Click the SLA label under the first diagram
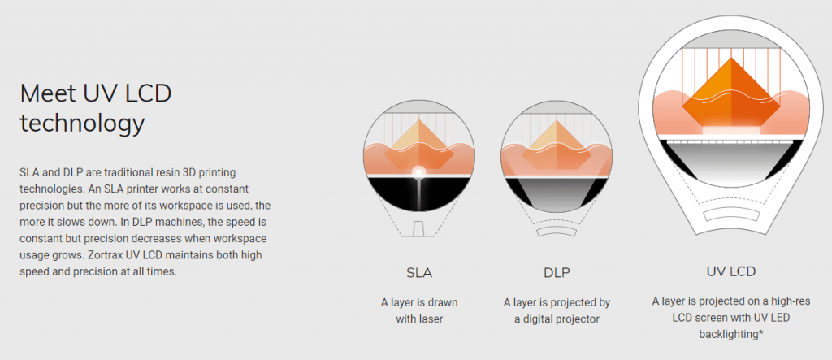click(419, 273)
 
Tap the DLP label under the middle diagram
click(557, 273)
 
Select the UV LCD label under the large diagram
click(730, 272)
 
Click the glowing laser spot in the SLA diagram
click(419, 172)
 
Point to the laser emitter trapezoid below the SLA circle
click(419, 229)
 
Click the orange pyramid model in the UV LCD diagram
click(731, 93)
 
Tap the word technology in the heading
click(82, 124)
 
